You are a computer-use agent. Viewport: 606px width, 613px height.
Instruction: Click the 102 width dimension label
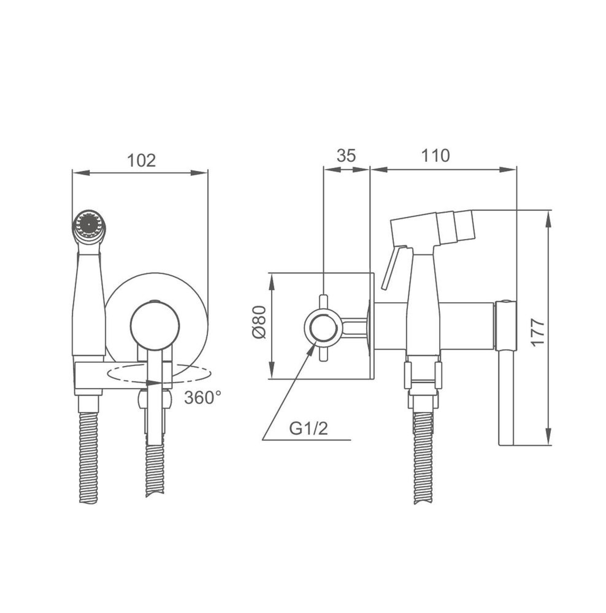coord(141,161)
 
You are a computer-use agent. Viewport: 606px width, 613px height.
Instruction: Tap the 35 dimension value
coord(346,156)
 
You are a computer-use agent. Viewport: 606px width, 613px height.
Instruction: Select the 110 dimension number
coord(435,156)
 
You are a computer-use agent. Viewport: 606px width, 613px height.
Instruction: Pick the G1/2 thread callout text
coord(308,429)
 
